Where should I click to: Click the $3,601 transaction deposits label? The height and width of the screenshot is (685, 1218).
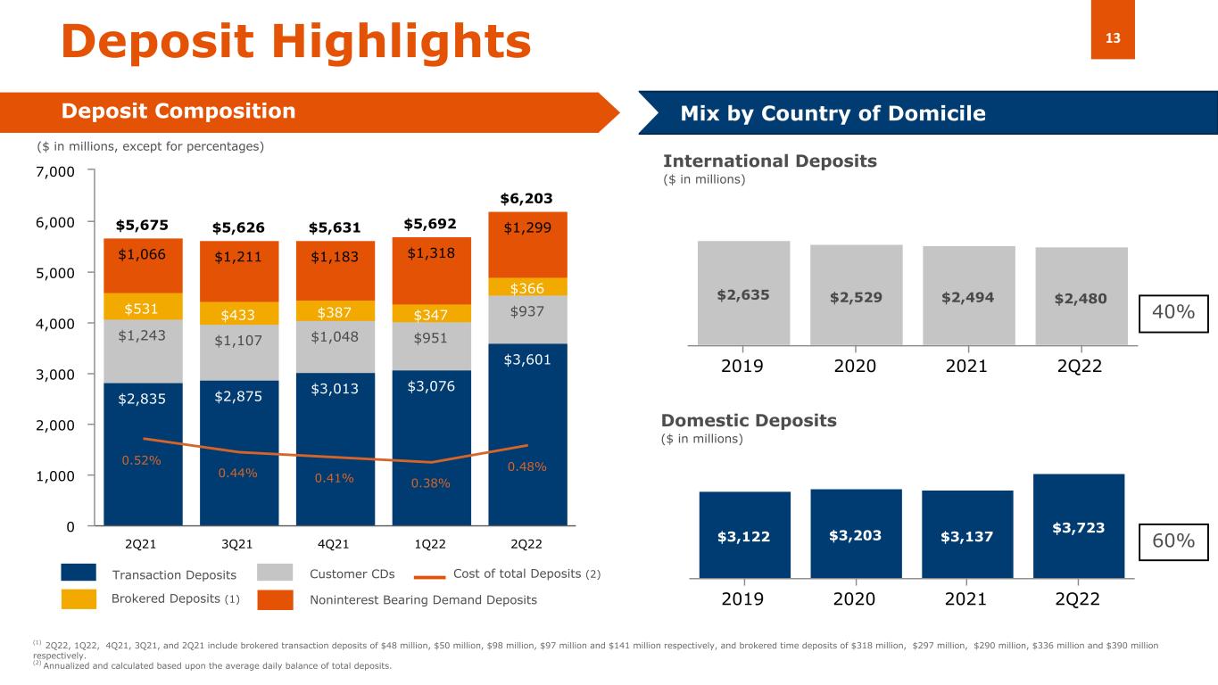527,359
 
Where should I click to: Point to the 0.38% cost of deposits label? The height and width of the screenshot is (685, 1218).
431,483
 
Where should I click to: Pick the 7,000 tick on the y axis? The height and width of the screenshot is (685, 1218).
56,170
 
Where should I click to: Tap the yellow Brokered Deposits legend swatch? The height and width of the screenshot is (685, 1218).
79,600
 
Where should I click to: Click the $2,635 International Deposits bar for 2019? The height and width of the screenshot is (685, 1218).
743,293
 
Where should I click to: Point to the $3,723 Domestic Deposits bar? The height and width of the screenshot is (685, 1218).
1079,526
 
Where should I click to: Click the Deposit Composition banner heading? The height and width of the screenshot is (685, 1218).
178,111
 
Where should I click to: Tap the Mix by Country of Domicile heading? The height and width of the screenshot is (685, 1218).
833,113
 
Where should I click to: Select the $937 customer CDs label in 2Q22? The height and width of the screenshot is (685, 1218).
527,310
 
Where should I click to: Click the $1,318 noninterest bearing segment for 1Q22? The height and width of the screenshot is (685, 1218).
431,252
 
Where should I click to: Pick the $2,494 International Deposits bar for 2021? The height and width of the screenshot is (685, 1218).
967,295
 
